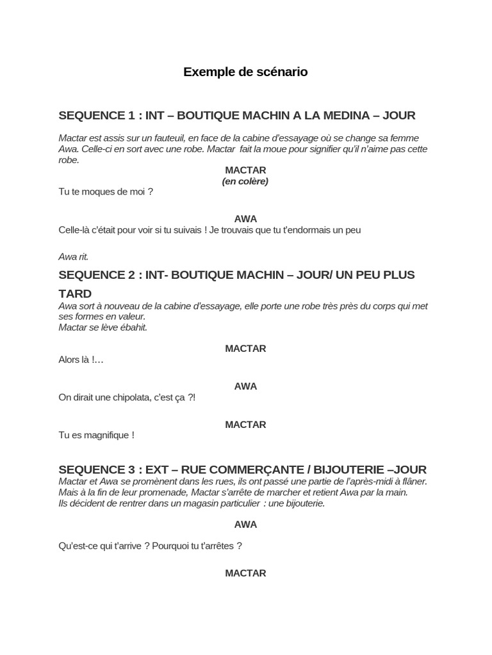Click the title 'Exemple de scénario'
(245, 72)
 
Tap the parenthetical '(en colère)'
(245, 181)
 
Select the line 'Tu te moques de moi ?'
(106, 192)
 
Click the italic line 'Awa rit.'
(73, 256)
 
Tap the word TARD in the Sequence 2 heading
(75, 294)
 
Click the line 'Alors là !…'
(81, 359)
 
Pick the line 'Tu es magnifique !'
(96, 435)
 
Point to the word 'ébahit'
(133, 327)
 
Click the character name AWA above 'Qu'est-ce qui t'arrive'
(245, 525)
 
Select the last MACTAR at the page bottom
(245, 573)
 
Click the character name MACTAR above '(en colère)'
(245, 170)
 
